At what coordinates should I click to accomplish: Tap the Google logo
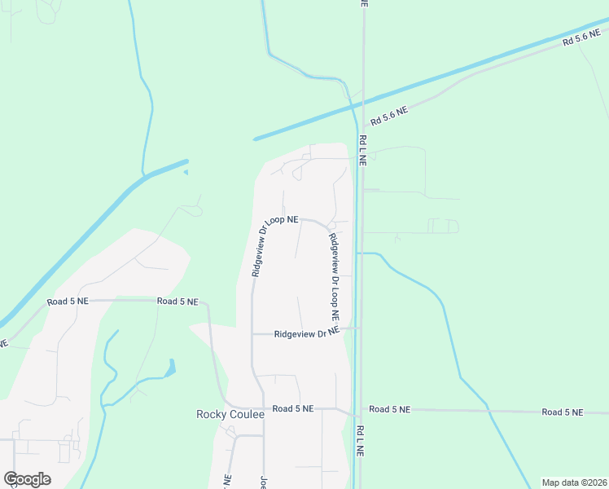27,479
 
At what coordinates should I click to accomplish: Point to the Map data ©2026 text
574,482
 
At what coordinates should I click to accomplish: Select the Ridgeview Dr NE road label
306,333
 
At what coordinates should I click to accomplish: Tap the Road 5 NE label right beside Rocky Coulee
293,408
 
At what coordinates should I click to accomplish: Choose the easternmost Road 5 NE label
563,412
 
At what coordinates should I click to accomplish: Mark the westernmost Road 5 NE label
67,302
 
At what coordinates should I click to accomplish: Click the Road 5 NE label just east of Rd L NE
389,409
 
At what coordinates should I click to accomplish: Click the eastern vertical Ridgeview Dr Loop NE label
334,275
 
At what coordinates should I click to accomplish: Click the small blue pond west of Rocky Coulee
170,368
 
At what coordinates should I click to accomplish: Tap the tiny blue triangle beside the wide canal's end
186,172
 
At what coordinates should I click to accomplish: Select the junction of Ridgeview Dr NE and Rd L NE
359,328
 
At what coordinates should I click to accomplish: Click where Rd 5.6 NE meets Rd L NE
363,103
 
